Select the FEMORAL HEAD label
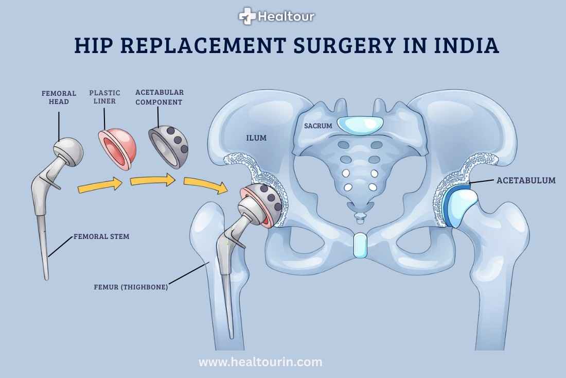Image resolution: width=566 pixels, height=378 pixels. (59, 97)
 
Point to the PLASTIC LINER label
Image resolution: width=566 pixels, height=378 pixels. (104, 97)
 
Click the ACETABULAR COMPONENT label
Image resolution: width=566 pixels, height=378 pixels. (159, 97)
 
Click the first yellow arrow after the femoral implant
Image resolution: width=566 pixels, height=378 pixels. (100, 186)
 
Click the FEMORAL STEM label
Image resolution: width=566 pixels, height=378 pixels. (101, 237)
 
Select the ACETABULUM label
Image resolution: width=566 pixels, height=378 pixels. (525, 181)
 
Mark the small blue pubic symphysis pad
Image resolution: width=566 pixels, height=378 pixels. (360, 245)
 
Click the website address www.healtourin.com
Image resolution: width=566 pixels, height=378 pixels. (260, 362)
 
